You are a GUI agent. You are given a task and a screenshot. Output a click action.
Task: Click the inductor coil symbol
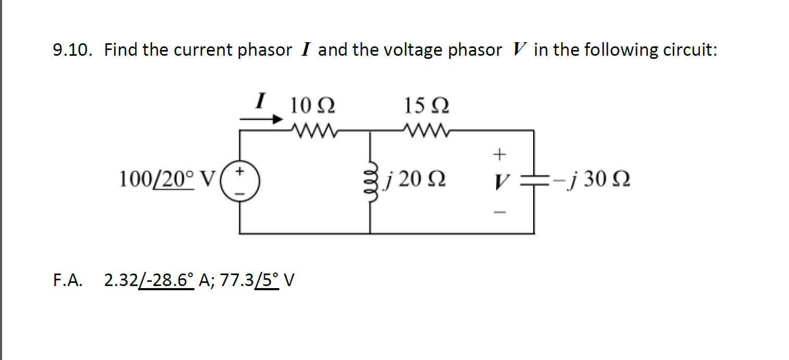(371, 181)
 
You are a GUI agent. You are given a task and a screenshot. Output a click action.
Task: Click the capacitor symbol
(533, 181)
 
